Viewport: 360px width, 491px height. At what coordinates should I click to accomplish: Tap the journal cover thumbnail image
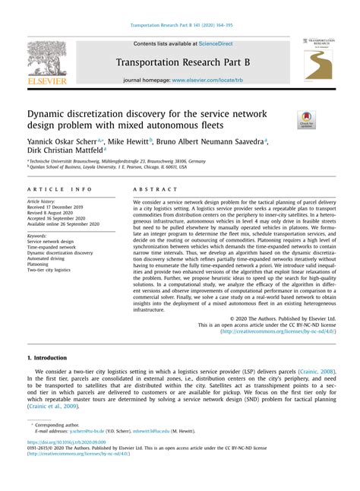317,59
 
